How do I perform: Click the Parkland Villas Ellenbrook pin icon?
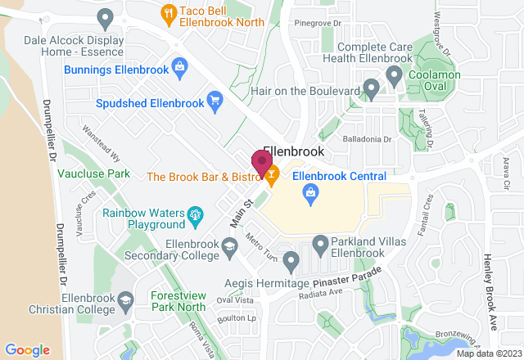[x=320, y=243]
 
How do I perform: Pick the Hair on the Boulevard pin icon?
[x=371, y=88]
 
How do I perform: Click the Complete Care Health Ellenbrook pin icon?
[x=394, y=77]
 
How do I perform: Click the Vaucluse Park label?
[x=94, y=175]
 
